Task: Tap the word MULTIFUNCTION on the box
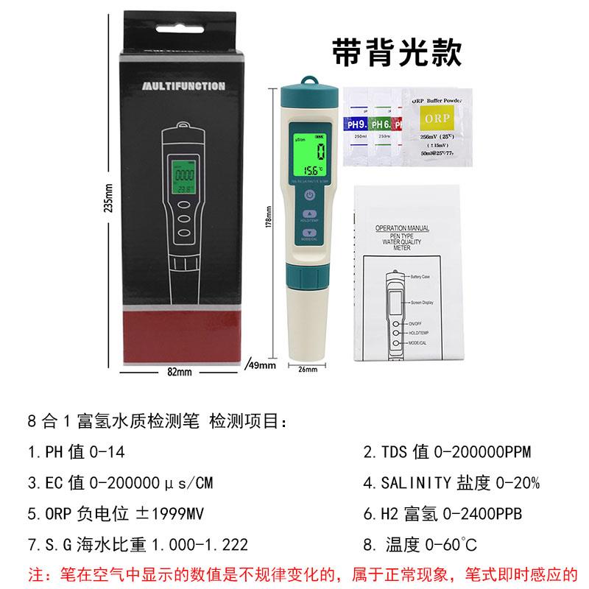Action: point(182,86)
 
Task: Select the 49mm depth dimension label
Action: point(263,365)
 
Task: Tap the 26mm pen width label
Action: point(307,369)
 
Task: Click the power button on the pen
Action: point(308,196)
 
